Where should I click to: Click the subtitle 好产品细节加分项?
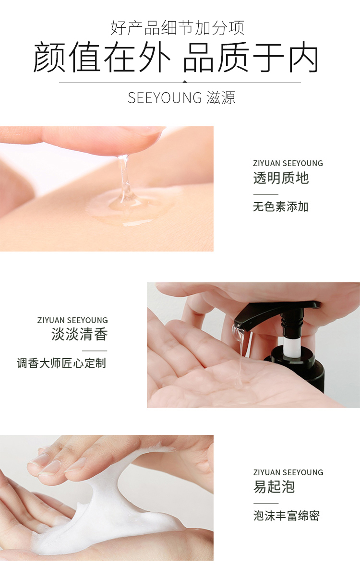click(177, 28)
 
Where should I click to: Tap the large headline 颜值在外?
click(102, 58)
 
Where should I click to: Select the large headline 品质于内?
click(251, 58)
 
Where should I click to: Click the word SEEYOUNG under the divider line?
click(165, 98)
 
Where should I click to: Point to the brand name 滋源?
click(221, 98)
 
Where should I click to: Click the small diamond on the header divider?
click(185, 82)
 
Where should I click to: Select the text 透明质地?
click(281, 178)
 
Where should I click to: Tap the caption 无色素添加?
click(281, 206)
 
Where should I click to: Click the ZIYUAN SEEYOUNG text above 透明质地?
click(288, 163)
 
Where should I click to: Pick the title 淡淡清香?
click(79, 334)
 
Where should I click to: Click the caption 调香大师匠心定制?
click(61, 363)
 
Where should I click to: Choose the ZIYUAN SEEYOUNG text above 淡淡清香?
click(72, 320)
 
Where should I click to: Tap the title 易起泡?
click(274, 487)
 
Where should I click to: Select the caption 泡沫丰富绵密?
click(287, 516)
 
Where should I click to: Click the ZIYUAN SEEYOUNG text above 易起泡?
click(288, 472)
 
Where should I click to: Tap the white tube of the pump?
click(290, 345)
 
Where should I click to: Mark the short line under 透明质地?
click(266, 194)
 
